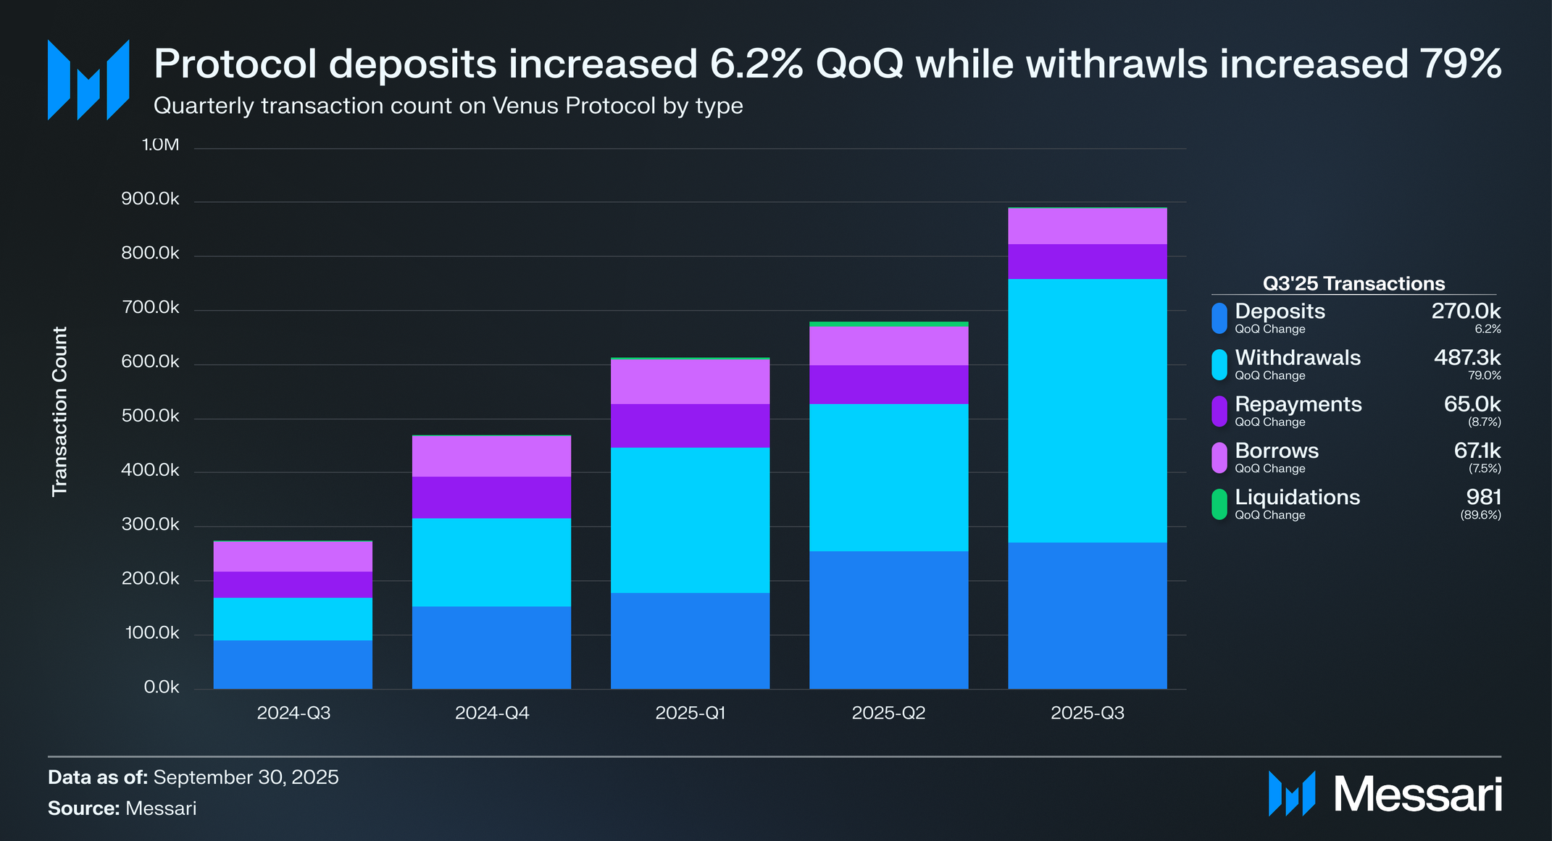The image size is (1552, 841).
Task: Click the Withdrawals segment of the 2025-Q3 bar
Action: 1087,411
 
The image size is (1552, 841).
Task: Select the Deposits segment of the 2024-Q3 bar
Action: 293,664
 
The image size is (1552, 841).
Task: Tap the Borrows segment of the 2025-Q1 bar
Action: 690,382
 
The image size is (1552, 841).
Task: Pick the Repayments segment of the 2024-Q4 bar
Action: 491,498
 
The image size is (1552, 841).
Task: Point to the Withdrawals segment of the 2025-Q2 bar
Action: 888,477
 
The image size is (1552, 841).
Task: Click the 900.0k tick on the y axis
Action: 150,199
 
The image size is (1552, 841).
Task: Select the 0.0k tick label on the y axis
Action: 161,687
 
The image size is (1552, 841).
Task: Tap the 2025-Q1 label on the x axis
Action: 690,714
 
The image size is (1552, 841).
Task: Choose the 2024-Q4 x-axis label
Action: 491,714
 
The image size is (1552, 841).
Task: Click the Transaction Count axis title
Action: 59,411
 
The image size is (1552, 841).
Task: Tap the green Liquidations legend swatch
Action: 1219,504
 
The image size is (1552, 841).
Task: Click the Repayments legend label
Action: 1298,404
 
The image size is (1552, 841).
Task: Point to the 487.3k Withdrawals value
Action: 1467,358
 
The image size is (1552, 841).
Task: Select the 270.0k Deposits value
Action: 1465,311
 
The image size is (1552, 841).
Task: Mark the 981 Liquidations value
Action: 1483,498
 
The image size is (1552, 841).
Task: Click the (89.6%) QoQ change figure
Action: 1480,516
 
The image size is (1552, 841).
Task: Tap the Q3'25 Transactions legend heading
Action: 1353,283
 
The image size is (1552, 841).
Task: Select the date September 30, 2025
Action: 246,777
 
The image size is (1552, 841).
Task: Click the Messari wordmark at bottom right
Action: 1417,795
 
